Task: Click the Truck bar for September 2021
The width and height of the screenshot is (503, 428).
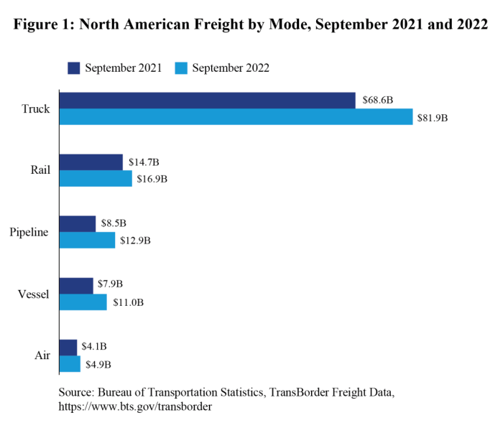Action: click(207, 101)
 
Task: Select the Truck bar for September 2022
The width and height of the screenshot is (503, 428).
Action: click(236, 117)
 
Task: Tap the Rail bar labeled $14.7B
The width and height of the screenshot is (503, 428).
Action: click(91, 162)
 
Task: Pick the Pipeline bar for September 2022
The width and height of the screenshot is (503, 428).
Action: click(87, 241)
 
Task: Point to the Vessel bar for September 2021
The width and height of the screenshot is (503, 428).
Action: click(76, 286)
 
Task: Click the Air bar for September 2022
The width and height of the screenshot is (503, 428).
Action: click(70, 364)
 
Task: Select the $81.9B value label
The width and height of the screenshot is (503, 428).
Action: click(433, 117)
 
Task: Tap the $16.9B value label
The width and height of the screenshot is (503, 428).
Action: click(152, 179)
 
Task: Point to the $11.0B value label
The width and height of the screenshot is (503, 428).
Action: click(128, 302)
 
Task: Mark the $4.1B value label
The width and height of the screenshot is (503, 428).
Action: click(95, 347)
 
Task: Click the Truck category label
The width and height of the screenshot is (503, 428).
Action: click(36, 109)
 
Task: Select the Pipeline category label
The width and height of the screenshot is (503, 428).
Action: click(29, 233)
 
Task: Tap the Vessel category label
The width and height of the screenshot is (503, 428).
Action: click(33, 294)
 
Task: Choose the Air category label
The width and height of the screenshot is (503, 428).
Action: click(42, 356)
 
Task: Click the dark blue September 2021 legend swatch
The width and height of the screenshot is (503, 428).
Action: click(74, 68)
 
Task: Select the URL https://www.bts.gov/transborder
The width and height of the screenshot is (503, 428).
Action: click(135, 406)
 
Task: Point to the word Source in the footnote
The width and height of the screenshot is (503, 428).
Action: click(78, 393)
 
